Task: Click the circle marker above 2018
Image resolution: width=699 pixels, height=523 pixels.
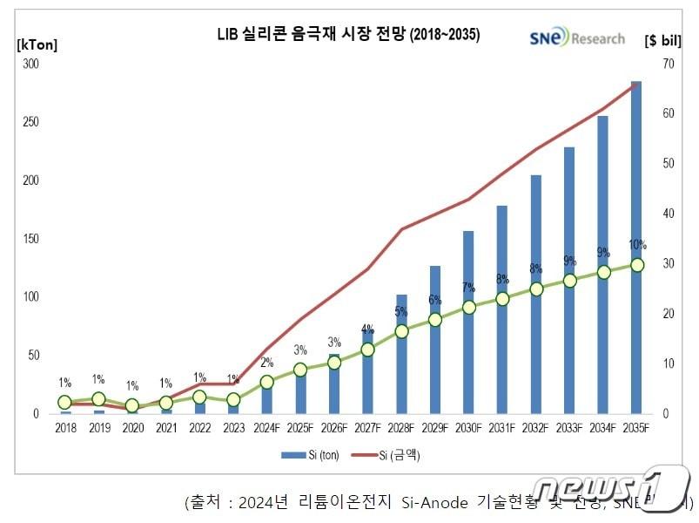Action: tap(64, 402)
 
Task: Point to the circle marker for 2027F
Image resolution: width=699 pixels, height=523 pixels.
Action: tap(367, 350)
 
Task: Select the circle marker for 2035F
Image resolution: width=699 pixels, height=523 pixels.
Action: tap(636, 265)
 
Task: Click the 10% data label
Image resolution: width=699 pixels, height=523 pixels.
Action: tap(636, 245)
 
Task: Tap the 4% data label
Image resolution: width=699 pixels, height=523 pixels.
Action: tap(367, 329)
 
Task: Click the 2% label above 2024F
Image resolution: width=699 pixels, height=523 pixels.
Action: tap(266, 363)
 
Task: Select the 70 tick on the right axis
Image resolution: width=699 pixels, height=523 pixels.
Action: tap(666, 65)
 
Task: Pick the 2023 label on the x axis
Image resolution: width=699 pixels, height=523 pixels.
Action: tap(233, 428)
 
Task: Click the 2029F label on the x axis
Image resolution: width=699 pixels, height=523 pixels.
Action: tap(434, 428)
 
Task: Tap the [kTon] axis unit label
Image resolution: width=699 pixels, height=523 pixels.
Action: tap(37, 44)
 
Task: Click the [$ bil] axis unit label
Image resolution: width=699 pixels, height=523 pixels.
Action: tap(665, 40)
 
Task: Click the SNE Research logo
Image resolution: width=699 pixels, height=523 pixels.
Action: tap(577, 37)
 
